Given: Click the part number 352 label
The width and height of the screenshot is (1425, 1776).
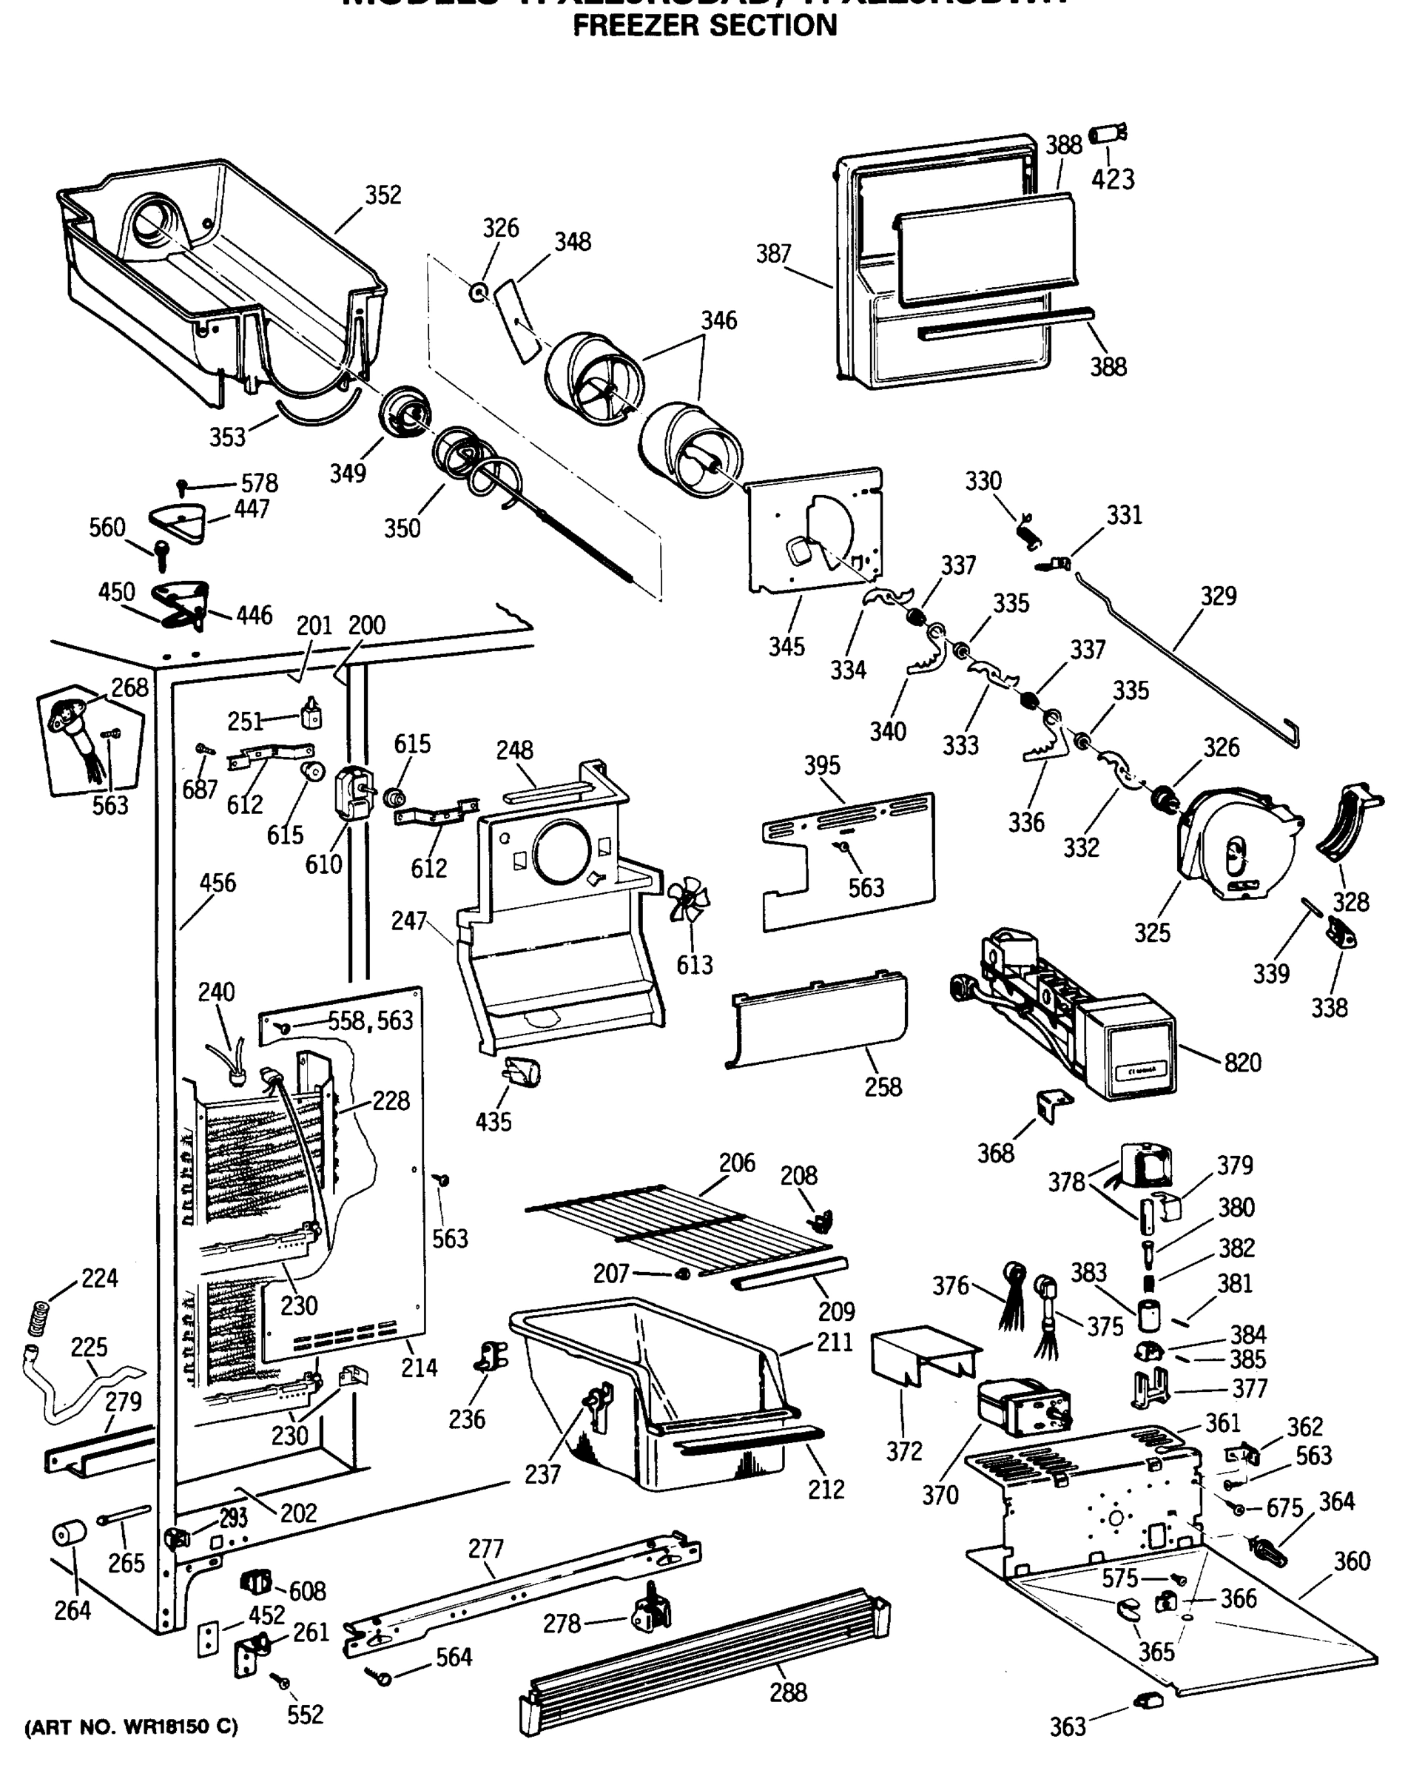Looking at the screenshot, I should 383,195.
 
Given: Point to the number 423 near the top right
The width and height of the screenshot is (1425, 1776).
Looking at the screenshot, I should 1113,180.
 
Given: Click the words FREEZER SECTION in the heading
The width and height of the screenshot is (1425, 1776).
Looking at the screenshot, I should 705,27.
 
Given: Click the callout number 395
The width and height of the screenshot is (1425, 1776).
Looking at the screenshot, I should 822,765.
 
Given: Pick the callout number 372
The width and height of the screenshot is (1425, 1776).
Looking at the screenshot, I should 903,1451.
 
